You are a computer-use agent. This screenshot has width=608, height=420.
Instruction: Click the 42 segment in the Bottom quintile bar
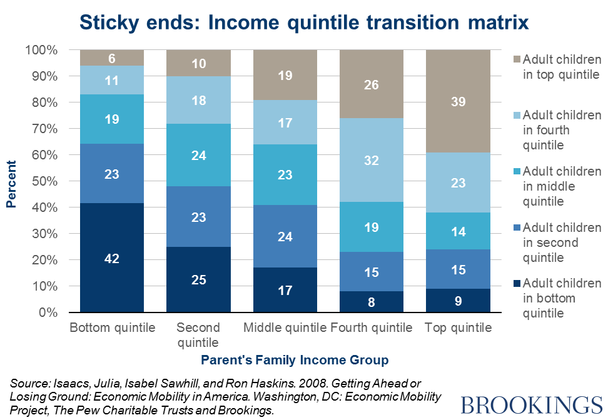coord(112,257)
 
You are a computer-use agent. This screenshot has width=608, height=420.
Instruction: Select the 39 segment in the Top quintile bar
coord(458,101)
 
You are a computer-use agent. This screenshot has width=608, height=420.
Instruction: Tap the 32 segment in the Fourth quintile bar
coord(372,161)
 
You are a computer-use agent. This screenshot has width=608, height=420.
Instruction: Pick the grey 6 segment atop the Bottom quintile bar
coord(112,57)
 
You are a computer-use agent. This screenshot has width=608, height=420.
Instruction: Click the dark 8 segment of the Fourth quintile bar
coord(372,301)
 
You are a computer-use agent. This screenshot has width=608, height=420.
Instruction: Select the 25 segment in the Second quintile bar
coord(198,279)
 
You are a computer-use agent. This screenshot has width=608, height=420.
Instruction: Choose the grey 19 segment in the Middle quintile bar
coord(285,75)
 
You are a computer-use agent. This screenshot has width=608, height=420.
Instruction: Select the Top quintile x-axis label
coord(459,328)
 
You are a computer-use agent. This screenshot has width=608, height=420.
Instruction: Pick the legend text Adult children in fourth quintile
coord(562,130)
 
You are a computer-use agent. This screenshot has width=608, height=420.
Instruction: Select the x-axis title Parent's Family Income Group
coord(295,360)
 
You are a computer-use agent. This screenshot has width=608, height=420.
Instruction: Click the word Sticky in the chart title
coord(112,22)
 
